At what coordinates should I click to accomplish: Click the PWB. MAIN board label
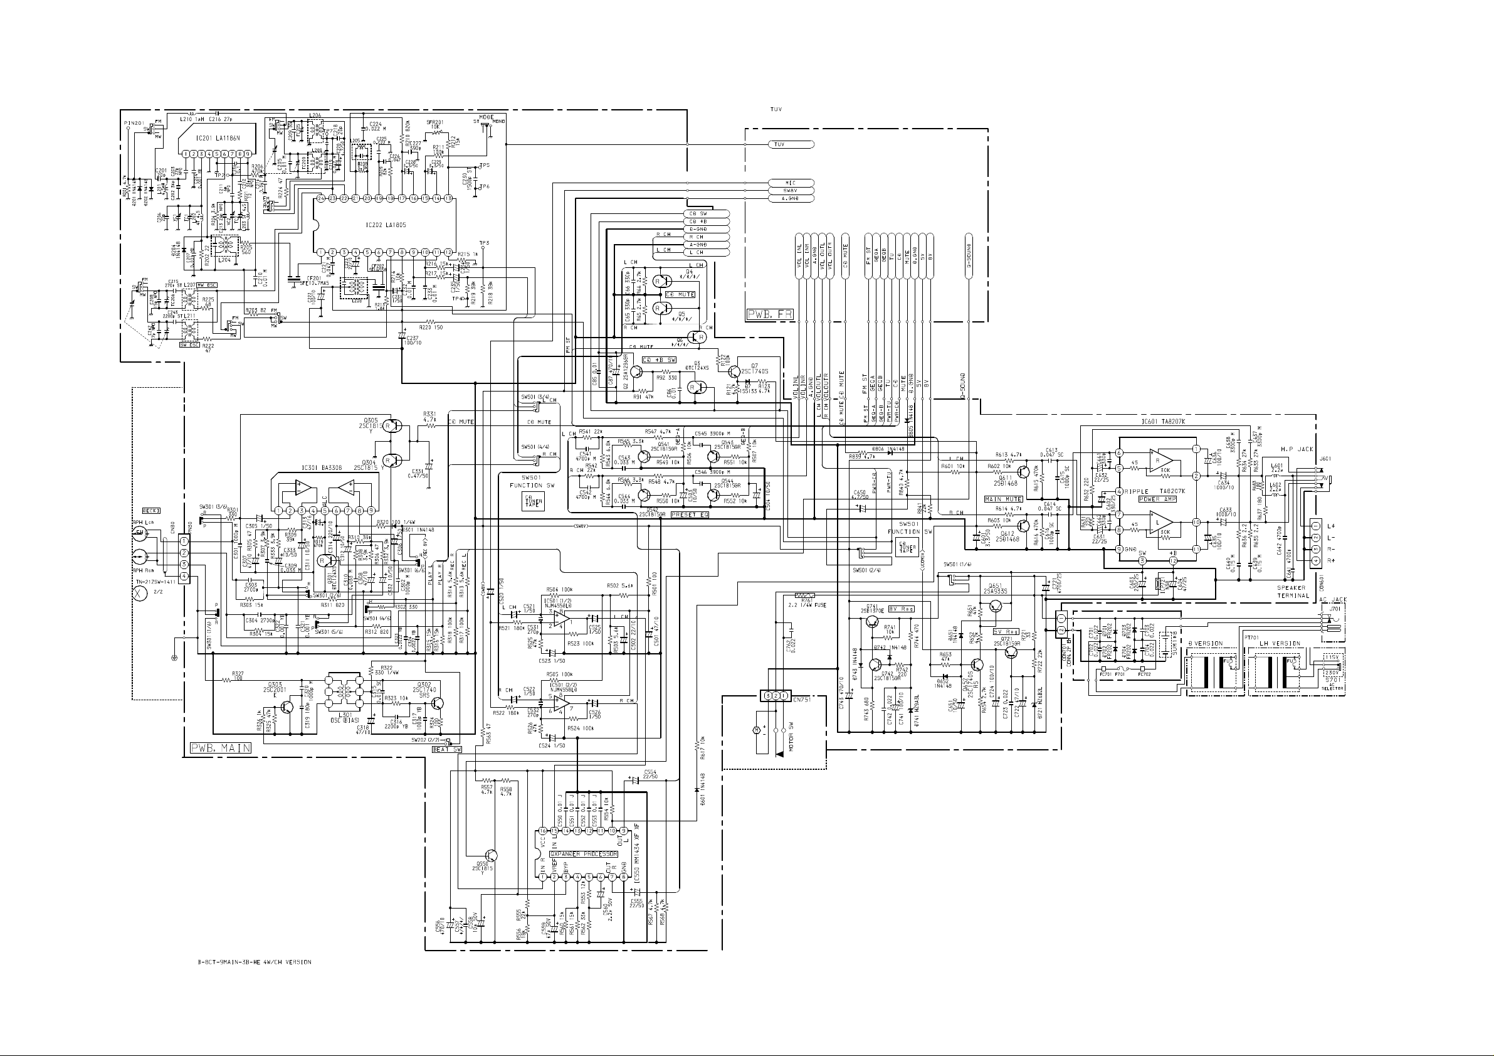[221, 748]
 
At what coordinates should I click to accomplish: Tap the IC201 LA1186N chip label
[218, 139]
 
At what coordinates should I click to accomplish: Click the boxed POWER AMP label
[1157, 499]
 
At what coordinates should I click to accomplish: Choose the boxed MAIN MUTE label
[1003, 499]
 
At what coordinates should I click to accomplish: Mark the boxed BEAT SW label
[447, 749]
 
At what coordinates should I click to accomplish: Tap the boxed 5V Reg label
[1006, 631]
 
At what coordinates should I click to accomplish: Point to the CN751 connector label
[804, 696]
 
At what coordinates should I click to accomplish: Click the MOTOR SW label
[792, 735]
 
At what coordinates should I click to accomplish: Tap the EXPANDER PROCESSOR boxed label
[583, 853]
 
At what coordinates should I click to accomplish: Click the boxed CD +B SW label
[660, 360]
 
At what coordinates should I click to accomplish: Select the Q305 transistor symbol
[389, 426]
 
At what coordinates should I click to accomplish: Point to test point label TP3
[484, 243]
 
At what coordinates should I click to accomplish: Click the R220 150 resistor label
[431, 327]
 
